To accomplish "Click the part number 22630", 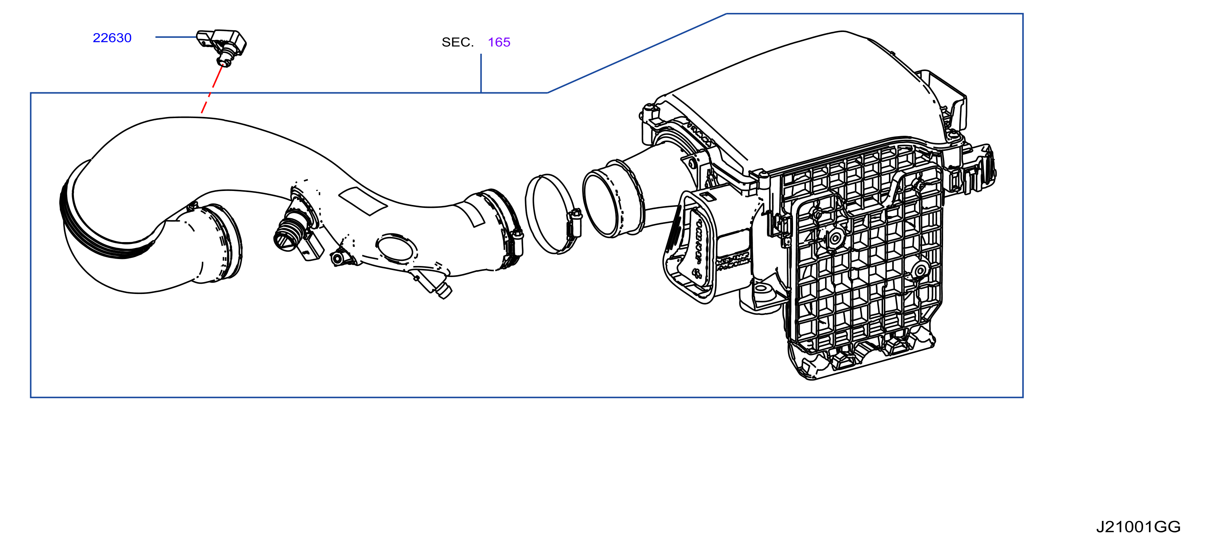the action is point(112,38).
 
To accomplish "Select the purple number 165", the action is point(499,42).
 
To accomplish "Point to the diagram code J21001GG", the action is point(1138,527).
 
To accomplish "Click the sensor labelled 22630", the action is point(222,45).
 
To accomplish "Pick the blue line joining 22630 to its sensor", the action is point(176,37).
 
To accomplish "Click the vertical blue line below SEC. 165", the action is point(481,73).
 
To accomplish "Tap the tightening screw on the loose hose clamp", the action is point(574,224).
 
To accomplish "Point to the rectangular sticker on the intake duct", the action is point(362,201).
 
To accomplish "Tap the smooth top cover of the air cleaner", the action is point(810,91).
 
